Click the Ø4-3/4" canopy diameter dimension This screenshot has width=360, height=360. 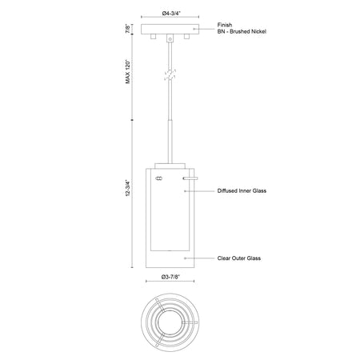[171, 13]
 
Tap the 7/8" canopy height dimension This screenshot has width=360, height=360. [128, 29]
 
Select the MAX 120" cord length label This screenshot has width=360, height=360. [128, 71]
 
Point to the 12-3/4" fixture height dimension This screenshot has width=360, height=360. [128, 188]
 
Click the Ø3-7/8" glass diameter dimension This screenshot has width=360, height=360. [170, 277]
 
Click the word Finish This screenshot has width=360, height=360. [225, 25]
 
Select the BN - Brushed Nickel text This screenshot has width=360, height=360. [242, 31]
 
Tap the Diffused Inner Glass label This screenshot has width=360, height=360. [242, 190]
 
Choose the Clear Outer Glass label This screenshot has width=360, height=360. [239, 258]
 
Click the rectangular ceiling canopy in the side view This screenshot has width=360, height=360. [170, 29]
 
